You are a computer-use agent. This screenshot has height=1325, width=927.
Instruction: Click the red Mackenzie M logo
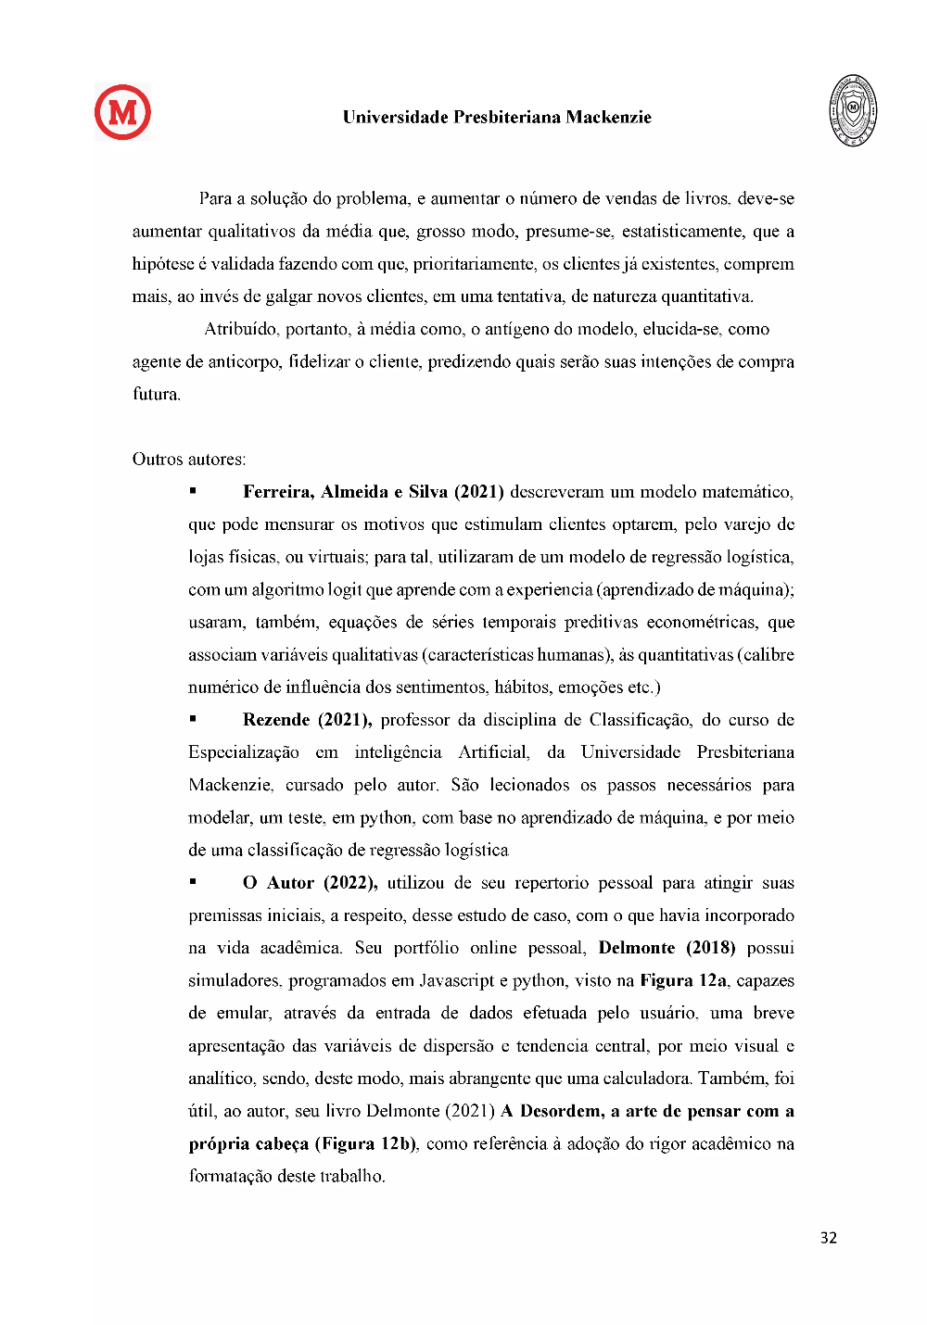click(122, 112)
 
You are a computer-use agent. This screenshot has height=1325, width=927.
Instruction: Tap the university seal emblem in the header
click(852, 110)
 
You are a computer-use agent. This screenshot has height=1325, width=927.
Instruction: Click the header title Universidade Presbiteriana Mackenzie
click(497, 118)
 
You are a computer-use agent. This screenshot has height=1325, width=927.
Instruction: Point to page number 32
click(828, 1238)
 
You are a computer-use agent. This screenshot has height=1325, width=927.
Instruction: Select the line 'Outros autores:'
click(189, 460)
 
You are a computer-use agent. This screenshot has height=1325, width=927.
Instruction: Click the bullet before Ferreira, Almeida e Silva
click(193, 491)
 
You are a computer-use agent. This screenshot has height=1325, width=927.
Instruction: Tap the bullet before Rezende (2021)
click(193, 719)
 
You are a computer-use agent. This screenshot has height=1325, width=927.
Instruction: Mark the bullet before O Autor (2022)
click(193, 882)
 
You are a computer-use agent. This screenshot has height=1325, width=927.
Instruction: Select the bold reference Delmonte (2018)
click(667, 948)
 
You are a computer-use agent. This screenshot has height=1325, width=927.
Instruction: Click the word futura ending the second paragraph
click(156, 395)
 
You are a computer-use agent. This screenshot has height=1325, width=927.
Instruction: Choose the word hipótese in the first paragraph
click(162, 264)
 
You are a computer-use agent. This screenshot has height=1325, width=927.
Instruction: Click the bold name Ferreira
click(277, 492)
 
